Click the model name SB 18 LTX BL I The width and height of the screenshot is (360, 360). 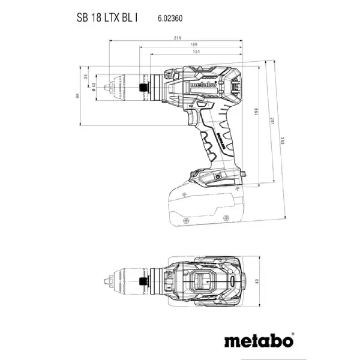[106, 17]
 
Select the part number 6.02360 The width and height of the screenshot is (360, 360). [170, 19]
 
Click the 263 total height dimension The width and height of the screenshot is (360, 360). [284, 142]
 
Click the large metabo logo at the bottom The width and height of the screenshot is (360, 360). [259, 341]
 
